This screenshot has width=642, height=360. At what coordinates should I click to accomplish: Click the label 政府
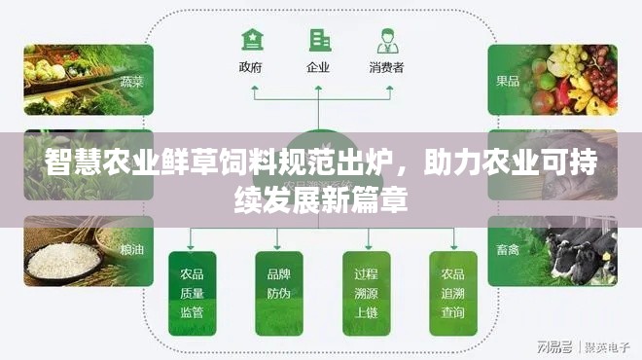(x=251, y=68)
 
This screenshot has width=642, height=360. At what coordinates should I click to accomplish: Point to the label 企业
(x=318, y=68)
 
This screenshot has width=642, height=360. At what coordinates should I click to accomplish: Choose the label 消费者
(x=386, y=68)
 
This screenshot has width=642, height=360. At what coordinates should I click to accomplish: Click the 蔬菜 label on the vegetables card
(x=131, y=82)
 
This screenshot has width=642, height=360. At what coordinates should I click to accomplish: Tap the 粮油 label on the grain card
(x=131, y=249)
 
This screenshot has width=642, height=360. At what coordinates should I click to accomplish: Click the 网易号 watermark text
(x=550, y=345)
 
